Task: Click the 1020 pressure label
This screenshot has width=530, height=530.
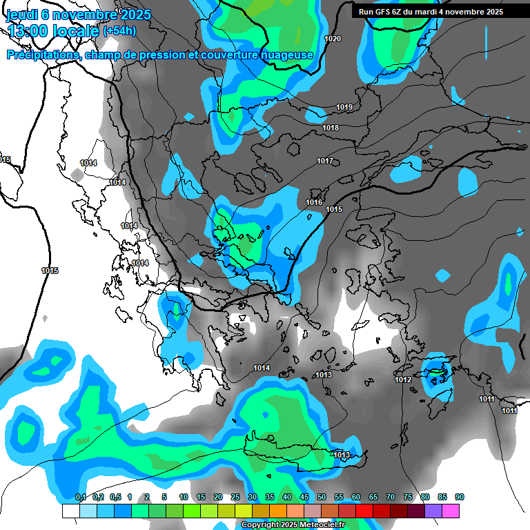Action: [333, 39]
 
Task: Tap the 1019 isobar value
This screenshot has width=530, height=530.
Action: [344, 107]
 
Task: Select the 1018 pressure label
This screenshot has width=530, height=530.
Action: [331, 128]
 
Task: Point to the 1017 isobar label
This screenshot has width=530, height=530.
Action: [325, 161]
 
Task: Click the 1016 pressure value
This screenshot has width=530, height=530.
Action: [314, 202]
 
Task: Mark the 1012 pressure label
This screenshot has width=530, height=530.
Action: [403, 380]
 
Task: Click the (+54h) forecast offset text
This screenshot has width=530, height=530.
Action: [119, 31]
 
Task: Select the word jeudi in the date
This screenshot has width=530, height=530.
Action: [22, 14]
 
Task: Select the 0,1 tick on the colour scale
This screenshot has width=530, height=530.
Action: [80, 498]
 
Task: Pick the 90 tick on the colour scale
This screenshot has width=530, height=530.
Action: [460, 498]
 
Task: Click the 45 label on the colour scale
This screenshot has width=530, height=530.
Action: [304, 498]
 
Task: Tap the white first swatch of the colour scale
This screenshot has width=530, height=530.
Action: [70, 511]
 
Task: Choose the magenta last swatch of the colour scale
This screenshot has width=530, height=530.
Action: [451, 511]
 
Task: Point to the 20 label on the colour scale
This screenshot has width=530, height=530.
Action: [218, 498]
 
